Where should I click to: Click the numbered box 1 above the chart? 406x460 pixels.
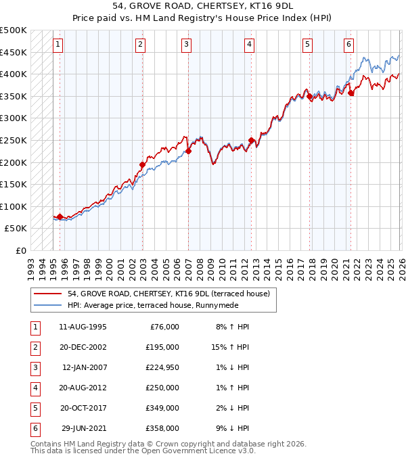[59, 45]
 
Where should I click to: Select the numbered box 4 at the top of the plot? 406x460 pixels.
[250, 45]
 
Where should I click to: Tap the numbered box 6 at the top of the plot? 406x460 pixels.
[348, 45]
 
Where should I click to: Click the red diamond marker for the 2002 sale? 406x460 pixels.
[142, 164]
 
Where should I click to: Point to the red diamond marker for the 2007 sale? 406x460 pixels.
[188, 152]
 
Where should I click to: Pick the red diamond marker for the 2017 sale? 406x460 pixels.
[310, 97]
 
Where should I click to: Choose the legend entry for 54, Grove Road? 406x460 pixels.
[168, 294]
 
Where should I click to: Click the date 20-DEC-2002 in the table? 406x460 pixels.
[83, 347]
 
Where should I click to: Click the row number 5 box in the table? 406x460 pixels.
[34, 408]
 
